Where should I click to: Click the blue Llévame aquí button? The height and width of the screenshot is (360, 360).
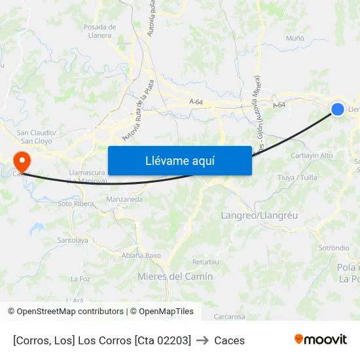coord(179,160)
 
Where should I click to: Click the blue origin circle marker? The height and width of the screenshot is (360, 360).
coord(338,109)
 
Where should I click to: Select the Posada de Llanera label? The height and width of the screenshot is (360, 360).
coord(99,31)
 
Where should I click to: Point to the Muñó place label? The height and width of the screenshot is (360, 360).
coord(295,38)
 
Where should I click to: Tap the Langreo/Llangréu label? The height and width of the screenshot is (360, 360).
coord(259,215)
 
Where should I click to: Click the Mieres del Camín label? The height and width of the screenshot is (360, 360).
coord(175,276)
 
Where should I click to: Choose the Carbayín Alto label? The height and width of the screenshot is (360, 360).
coord(312,155)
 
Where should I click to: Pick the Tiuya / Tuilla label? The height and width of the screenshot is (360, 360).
coord(297,177)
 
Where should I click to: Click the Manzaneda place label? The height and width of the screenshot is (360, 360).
coord(124,198)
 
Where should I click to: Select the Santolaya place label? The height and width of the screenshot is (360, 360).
coord(73,240)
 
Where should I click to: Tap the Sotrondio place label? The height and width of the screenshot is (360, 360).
coord(334,248)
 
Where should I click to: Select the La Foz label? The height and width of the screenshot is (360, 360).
coord(81,279)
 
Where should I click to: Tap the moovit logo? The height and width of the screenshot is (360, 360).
coord(321,339)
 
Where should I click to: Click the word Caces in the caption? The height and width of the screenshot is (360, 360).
coord(229,340)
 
